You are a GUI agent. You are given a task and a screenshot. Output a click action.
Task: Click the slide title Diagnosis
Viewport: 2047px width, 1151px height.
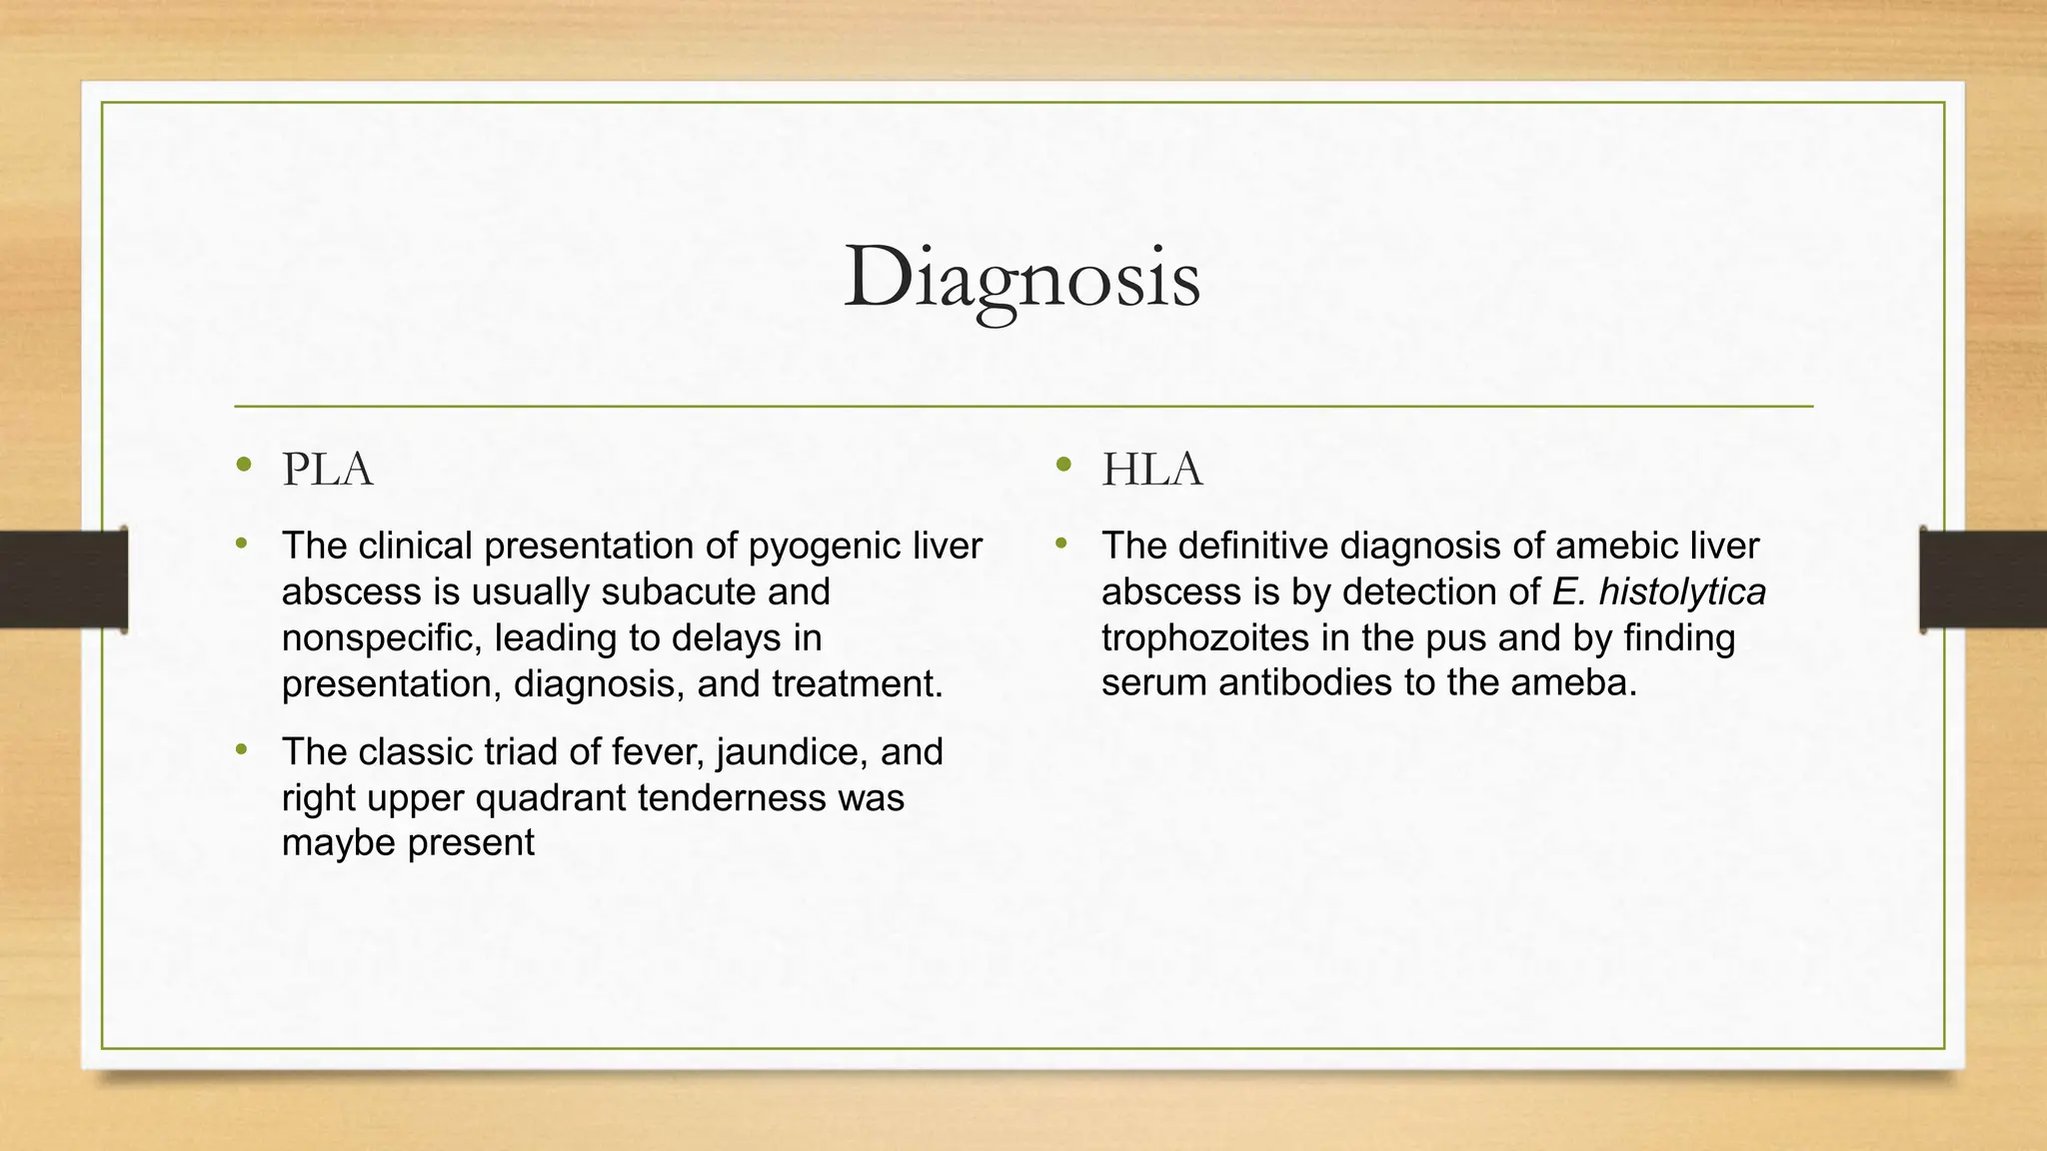click(1022, 278)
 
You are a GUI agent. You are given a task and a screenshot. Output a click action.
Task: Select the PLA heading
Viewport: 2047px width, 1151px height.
click(327, 470)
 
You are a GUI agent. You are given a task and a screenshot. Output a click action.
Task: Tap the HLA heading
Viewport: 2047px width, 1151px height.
click(1151, 470)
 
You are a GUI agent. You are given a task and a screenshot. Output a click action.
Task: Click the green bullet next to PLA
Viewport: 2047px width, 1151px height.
click(243, 464)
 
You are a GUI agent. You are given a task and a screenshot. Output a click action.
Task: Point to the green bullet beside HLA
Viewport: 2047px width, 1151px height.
click(1062, 464)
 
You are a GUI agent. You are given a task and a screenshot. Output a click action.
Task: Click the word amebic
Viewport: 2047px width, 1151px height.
click(1614, 547)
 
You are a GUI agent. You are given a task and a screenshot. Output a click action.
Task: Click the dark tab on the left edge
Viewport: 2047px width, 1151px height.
click(63, 580)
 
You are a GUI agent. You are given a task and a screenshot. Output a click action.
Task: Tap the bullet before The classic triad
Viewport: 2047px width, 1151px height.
click(241, 748)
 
